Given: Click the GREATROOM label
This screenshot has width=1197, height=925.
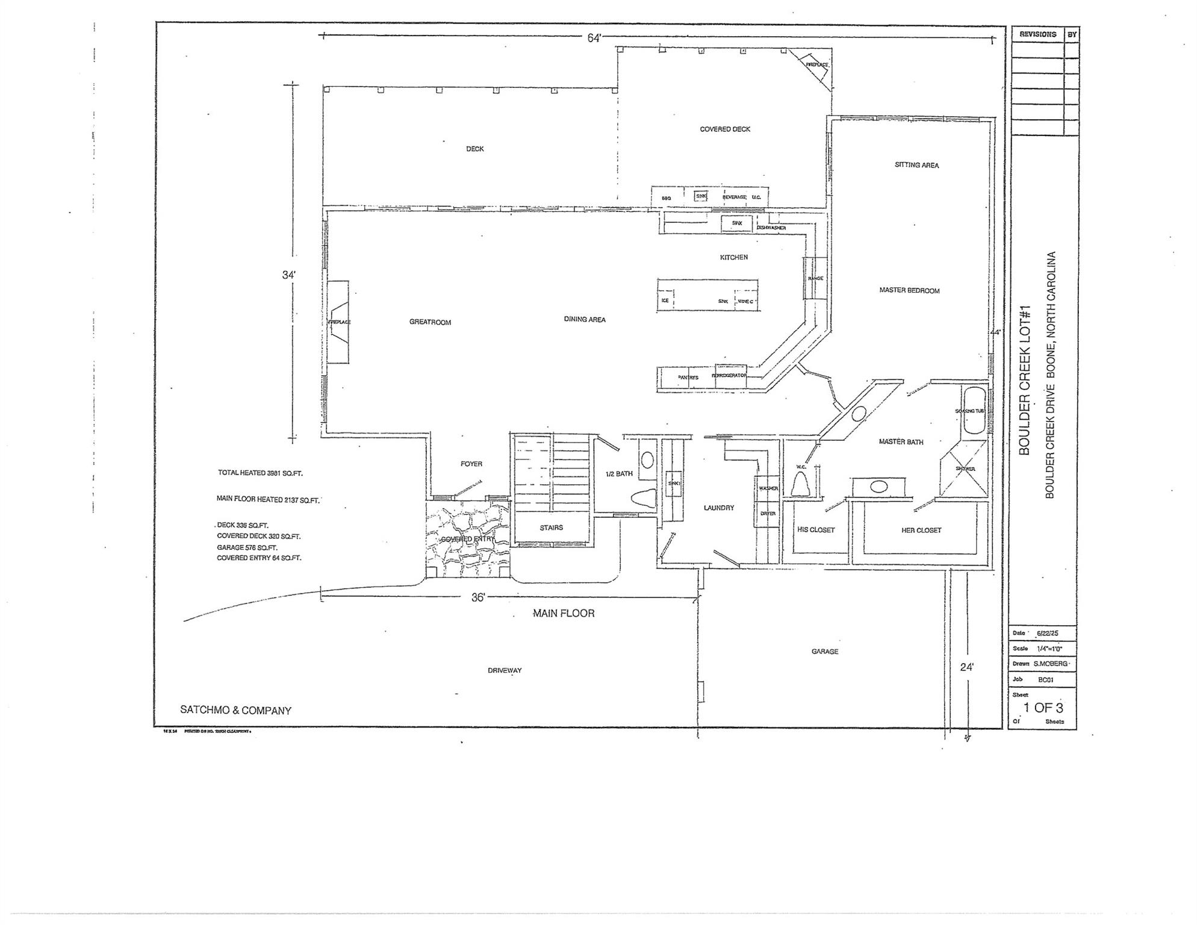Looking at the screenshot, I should pyautogui.click(x=430, y=322).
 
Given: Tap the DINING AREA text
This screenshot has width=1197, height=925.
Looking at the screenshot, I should pyautogui.click(x=585, y=319).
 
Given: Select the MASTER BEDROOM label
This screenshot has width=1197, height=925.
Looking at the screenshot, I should pyautogui.click(x=909, y=290).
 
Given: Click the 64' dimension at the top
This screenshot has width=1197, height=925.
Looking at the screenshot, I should pyautogui.click(x=594, y=38).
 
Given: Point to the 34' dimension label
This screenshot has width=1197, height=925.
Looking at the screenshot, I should pyautogui.click(x=289, y=275).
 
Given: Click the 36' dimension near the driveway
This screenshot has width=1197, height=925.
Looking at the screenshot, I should pyautogui.click(x=478, y=597).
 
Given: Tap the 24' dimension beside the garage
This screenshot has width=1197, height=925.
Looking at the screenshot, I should pyautogui.click(x=967, y=667).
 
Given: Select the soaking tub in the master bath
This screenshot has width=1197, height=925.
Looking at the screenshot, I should pyautogui.click(x=974, y=411).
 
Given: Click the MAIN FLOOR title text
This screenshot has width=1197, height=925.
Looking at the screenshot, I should pyautogui.click(x=564, y=613).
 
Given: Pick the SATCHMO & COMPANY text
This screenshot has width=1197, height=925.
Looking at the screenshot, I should pyautogui.click(x=236, y=710).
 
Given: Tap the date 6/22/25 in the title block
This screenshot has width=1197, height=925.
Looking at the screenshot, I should pyautogui.click(x=1047, y=634).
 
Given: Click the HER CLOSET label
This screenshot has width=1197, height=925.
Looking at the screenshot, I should pyautogui.click(x=921, y=531).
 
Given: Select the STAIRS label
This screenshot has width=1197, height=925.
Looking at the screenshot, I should pyautogui.click(x=551, y=528).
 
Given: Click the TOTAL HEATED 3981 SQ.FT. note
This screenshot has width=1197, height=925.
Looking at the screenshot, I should pyautogui.click(x=260, y=473).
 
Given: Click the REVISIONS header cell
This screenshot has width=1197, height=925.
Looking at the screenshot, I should pyautogui.click(x=1037, y=34).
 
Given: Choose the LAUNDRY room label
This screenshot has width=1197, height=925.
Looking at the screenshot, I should pyautogui.click(x=719, y=508).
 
